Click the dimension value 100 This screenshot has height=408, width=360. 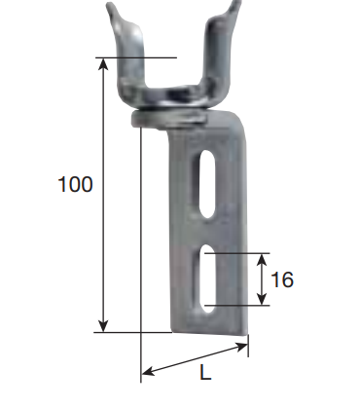point(75,184)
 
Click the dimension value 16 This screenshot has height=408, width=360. point(281,280)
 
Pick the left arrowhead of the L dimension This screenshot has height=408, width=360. point(147,371)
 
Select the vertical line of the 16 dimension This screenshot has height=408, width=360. point(262,280)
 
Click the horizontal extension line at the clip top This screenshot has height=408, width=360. point(136,57)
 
